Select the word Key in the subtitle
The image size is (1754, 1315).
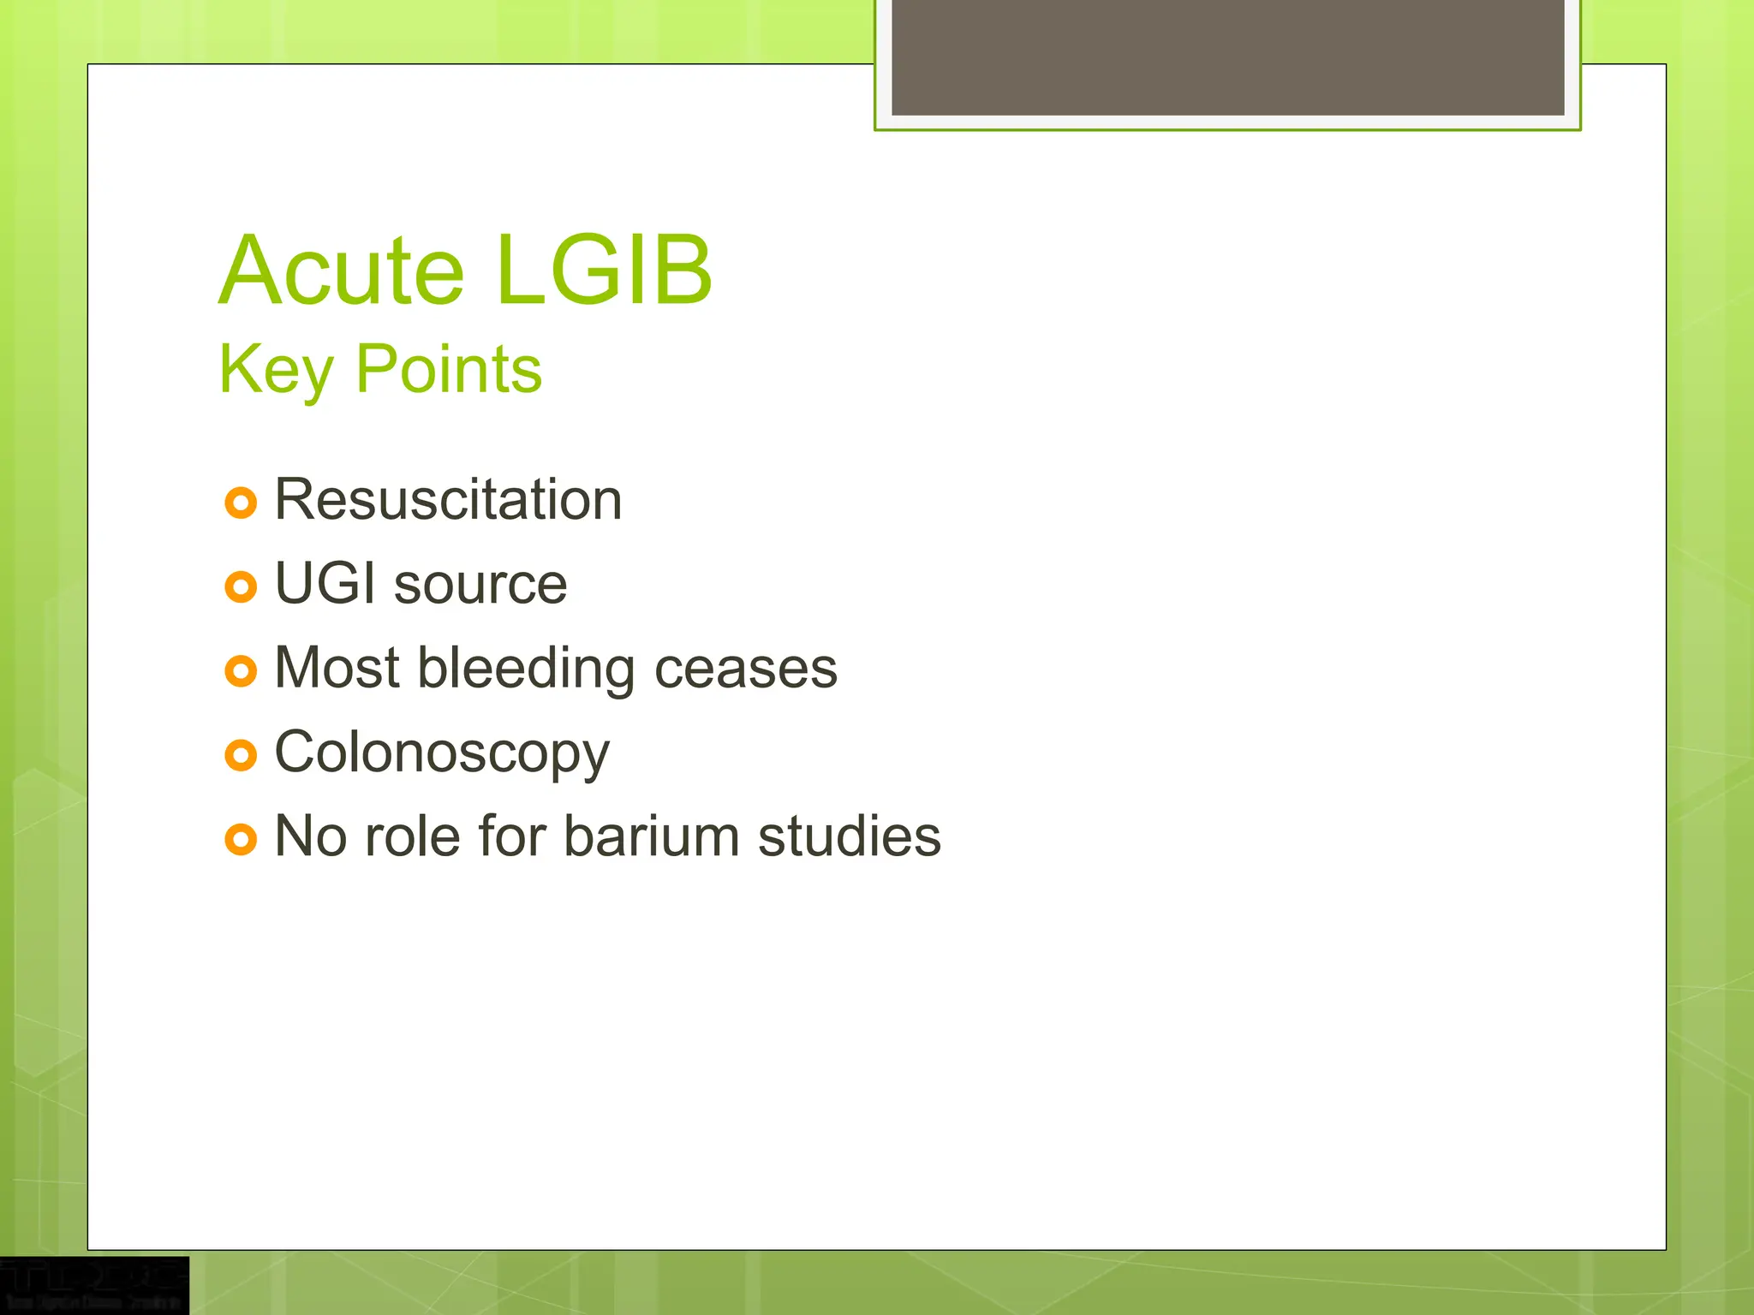(275, 370)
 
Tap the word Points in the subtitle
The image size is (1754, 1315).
(448, 370)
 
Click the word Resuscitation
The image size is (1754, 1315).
(447, 500)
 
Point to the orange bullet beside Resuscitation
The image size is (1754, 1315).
(241, 503)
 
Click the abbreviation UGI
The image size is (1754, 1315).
(325, 584)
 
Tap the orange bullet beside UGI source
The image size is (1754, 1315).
(241, 586)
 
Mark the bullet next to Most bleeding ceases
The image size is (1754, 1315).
(241, 670)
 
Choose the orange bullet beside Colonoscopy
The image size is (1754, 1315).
(241, 755)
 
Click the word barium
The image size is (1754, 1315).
(651, 836)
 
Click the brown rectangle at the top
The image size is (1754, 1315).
(1227, 57)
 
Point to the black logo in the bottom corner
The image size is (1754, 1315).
(93, 1285)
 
